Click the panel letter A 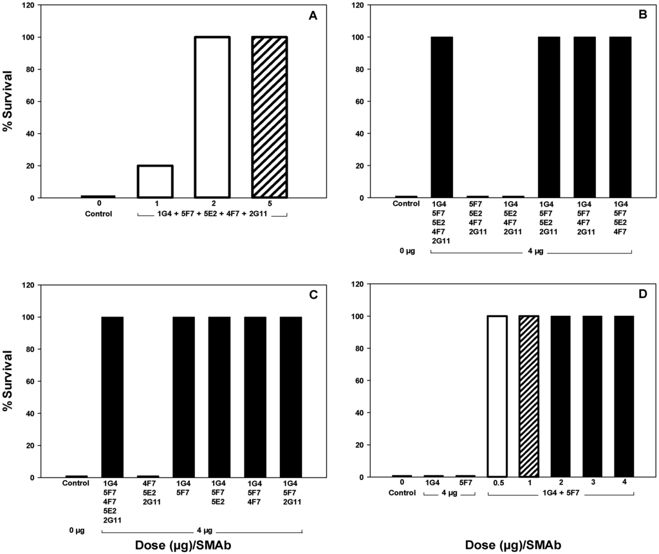point(313,17)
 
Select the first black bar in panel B point(441,117)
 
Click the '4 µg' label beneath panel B point(530,252)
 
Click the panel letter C point(314,296)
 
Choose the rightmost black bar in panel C point(291,397)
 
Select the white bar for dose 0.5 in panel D point(497,396)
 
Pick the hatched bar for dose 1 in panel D point(528,396)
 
